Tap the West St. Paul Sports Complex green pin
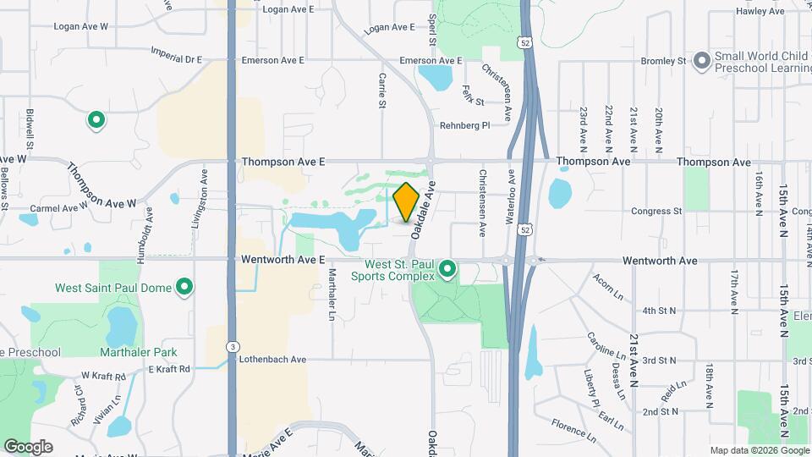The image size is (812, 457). coord(448,270)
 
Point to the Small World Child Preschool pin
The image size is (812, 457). coord(700,61)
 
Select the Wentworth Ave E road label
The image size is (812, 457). coord(283,260)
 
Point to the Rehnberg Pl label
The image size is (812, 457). coord(464,126)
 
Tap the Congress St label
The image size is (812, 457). coord(656,212)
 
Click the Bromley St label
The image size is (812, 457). coord(663,61)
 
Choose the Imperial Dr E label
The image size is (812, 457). coord(177,59)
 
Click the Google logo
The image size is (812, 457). coord(28,446)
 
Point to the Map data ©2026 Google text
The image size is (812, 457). coord(758,450)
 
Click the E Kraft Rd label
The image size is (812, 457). coord(169,369)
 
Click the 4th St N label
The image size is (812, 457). coord(660,311)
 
